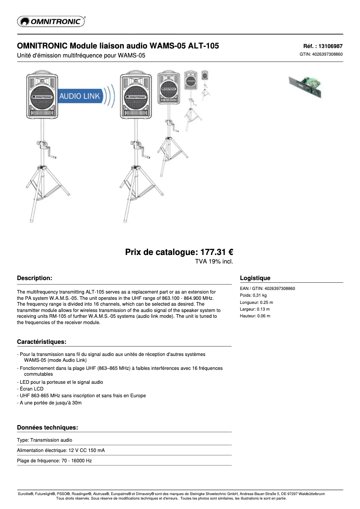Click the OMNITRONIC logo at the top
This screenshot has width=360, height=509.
(x=51, y=21)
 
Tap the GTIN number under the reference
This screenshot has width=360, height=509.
(x=321, y=54)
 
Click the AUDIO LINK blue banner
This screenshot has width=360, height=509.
(x=80, y=96)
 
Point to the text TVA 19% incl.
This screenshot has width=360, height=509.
(x=214, y=261)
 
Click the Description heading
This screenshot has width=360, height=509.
(x=35, y=278)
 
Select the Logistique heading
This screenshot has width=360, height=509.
(x=255, y=278)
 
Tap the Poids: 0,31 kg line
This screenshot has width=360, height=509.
(x=253, y=295)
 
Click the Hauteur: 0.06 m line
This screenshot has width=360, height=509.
(x=255, y=316)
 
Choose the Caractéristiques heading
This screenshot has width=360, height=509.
(x=42, y=342)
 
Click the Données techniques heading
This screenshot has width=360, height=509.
(x=48, y=427)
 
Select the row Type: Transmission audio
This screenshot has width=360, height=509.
(x=44, y=440)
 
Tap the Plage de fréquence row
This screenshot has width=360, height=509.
(x=54, y=461)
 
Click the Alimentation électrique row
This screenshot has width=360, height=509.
(x=61, y=450)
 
